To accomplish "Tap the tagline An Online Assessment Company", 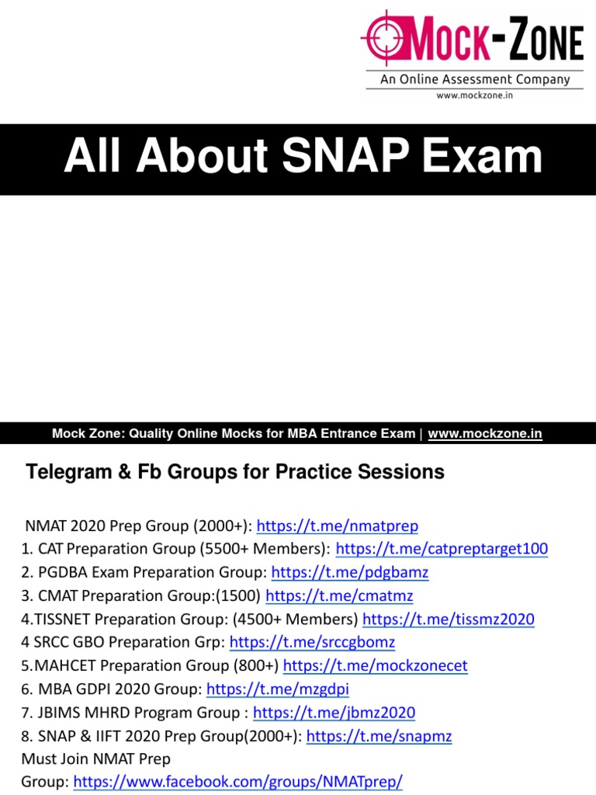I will coord(475,79).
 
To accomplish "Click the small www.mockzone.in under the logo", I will coord(475,95).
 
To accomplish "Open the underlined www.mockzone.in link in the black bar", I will coord(485,434).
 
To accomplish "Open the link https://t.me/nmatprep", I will coord(337,526).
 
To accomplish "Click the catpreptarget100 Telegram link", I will coord(442,550).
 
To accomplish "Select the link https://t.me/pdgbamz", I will coord(350,573).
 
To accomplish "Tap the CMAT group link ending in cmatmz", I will coord(339,596).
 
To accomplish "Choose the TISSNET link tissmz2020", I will coord(448,620).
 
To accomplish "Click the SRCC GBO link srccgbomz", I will coord(313,643).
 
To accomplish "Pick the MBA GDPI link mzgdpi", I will coord(273,689).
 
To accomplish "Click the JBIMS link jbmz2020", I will coord(334,713).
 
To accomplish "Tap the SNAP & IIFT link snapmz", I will coord(379,736).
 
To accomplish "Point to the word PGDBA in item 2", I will coord(62,573).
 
